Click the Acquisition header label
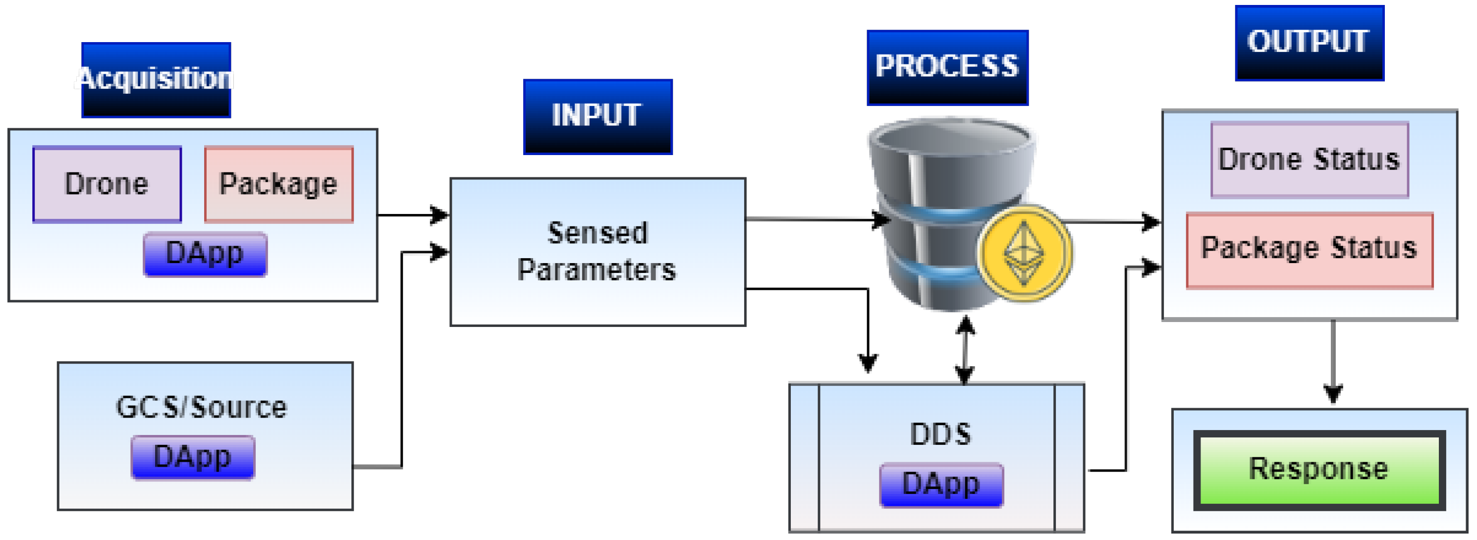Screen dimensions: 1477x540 tap(156, 79)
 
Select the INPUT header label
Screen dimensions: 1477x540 tap(598, 116)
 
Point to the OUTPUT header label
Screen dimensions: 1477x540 tap(1310, 43)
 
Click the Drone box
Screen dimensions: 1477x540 tap(107, 184)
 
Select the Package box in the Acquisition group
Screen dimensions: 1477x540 tap(278, 184)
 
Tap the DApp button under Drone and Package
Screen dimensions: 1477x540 tap(205, 254)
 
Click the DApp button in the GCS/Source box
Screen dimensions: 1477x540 tap(193, 457)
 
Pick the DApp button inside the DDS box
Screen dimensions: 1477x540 tap(941, 485)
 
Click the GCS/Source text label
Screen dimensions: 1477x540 tap(201, 408)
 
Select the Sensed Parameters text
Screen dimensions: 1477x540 tap(598, 251)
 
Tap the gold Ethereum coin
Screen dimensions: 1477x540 tap(1025, 253)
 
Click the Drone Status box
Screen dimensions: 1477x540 tap(1310, 160)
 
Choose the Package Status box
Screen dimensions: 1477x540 tap(1310, 250)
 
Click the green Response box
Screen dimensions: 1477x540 tap(1319, 470)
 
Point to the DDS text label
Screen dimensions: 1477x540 tap(941, 434)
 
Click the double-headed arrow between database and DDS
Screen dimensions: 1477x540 tap(966, 350)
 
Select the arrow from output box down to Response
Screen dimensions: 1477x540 tap(1333, 361)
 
